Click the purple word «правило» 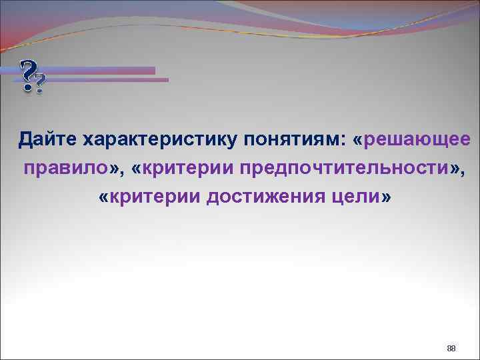point(65,168)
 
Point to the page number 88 point(451,349)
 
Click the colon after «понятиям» point(343,141)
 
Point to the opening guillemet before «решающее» point(361,141)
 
